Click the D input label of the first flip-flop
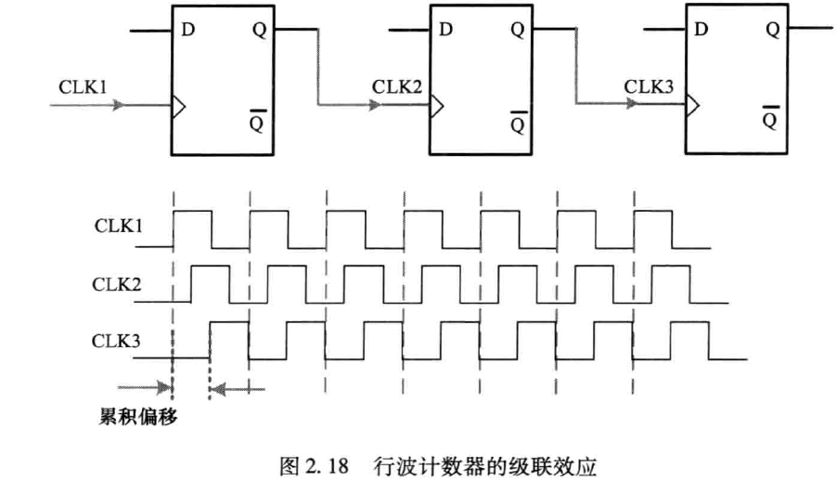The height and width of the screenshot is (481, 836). (187, 29)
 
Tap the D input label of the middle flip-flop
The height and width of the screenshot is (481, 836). (446, 29)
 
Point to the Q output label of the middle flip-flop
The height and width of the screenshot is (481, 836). (517, 29)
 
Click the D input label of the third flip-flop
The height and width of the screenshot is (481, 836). (701, 29)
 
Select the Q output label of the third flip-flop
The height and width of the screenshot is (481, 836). (772, 29)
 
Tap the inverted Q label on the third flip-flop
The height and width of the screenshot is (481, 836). (771, 117)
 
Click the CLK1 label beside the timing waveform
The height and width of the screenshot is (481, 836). (118, 226)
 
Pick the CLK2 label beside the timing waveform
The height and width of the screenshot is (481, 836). (118, 281)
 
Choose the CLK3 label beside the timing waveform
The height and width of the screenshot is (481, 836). (118, 340)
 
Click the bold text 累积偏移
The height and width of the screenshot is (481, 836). (138, 413)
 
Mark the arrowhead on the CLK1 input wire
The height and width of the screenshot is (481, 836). (118, 106)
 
